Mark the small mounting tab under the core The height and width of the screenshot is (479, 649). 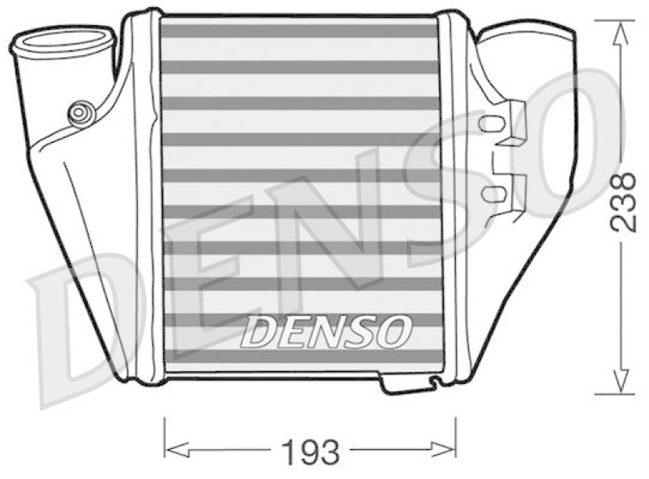point(410,383)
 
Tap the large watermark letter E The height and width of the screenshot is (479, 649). point(203,284)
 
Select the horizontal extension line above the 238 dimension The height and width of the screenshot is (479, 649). point(613,19)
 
